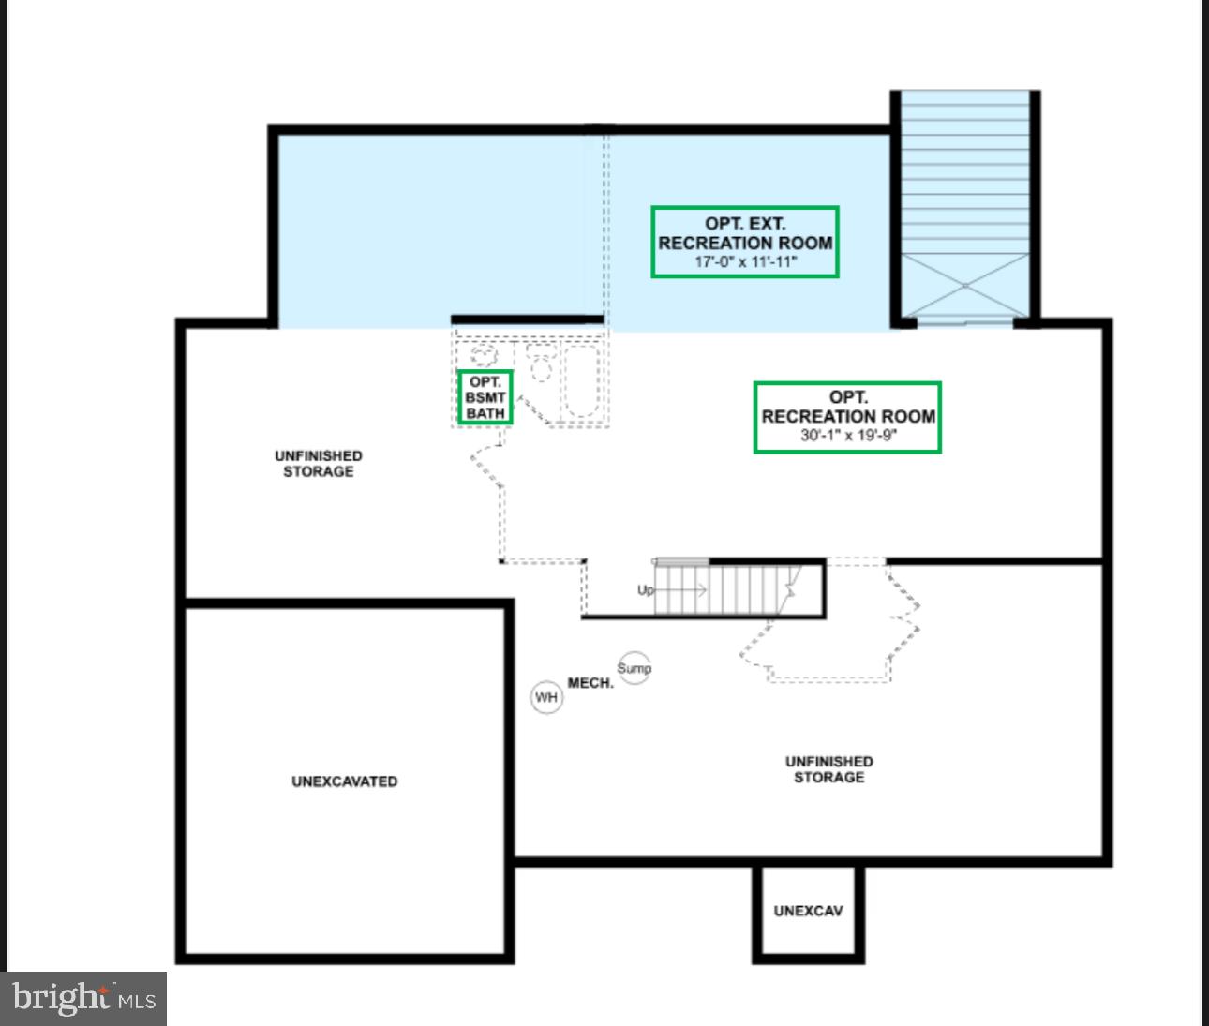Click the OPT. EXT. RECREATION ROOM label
(x=745, y=233)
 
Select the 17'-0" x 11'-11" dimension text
(x=745, y=262)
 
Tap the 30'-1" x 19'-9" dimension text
(x=847, y=436)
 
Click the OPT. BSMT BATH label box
(x=485, y=397)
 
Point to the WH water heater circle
(x=546, y=697)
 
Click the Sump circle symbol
(x=634, y=668)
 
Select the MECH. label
(x=590, y=683)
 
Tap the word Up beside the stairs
(x=646, y=590)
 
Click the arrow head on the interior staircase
(x=701, y=590)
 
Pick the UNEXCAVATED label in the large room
(x=344, y=781)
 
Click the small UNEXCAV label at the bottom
(x=808, y=911)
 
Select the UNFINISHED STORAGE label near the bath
(x=319, y=464)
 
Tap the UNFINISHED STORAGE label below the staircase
(x=828, y=769)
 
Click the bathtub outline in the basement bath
(x=581, y=381)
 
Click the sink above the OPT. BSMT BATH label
(x=484, y=356)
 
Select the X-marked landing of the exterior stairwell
(x=965, y=285)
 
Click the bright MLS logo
(x=83, y=999)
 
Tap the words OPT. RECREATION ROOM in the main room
(x=847, y=408)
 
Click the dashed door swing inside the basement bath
(x=534, y=409)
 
